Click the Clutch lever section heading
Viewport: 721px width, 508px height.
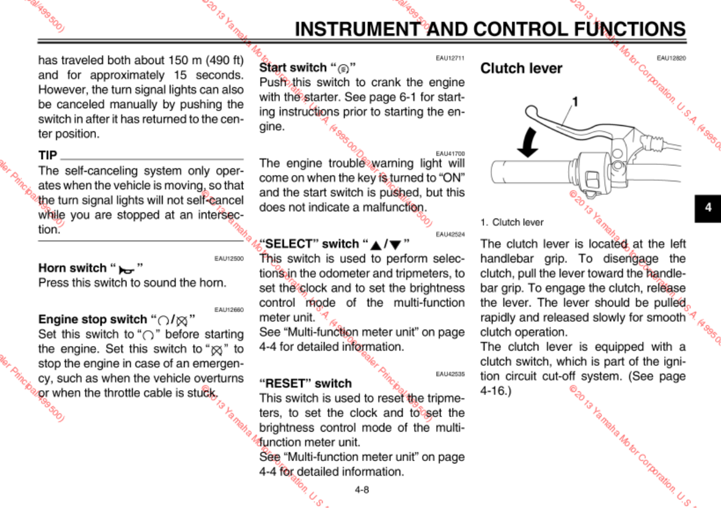click(x=521, y=68)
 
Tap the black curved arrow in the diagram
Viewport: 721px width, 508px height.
click(x=527, y=143)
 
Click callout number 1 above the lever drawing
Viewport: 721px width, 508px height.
click(x=574, y=100)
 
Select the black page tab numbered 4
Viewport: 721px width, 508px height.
click(x=708, y=207)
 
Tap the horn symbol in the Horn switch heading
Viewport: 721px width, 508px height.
click(x=126, y=269)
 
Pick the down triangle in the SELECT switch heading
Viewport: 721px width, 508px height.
click(x=396, y=245)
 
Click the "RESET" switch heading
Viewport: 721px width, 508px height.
click(x=306, y=383)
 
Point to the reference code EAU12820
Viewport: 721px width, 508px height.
click(x=671, y=58)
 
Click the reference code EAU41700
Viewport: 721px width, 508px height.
click(x=450, y=153)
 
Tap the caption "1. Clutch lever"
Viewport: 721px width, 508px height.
click(x=512, y=222)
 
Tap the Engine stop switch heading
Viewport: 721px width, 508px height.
click(x=93, y=319)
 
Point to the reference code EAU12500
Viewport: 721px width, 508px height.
click(x=229, y=259)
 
